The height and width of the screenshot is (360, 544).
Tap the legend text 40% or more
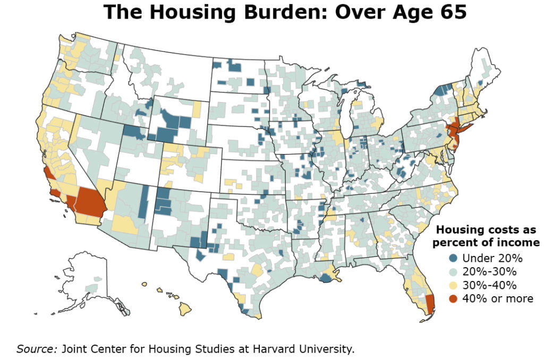click(x=497, y=298)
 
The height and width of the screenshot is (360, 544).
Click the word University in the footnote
click(x=327, y=349)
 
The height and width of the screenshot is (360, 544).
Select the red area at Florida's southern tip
click(x=430, y=304)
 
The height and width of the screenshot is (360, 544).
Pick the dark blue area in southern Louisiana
click(x=325, y=278)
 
